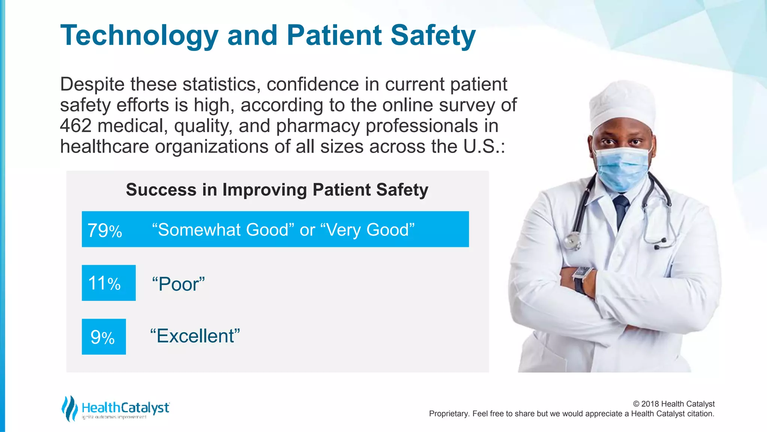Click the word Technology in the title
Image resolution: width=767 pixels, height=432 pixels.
click(x=139, y=36)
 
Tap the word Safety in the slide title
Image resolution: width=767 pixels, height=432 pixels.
click(x=433, y=36)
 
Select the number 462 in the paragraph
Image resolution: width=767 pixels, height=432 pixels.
click(x=76, y=126)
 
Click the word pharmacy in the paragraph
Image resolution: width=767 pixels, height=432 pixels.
click(x=318, y=126)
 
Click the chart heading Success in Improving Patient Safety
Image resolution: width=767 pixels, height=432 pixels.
click(x=277, y=190)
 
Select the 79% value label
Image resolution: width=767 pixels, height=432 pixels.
click(x=105, y=230)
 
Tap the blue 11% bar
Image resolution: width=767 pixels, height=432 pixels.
click(x=109, y=283)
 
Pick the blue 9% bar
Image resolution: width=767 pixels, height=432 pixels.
click(x=104, y=337)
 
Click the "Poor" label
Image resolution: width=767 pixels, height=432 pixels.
click(x=178, y=284)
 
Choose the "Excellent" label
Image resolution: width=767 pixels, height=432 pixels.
click(x=195, y=336)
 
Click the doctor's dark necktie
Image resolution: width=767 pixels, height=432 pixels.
click(x=621, y=208)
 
